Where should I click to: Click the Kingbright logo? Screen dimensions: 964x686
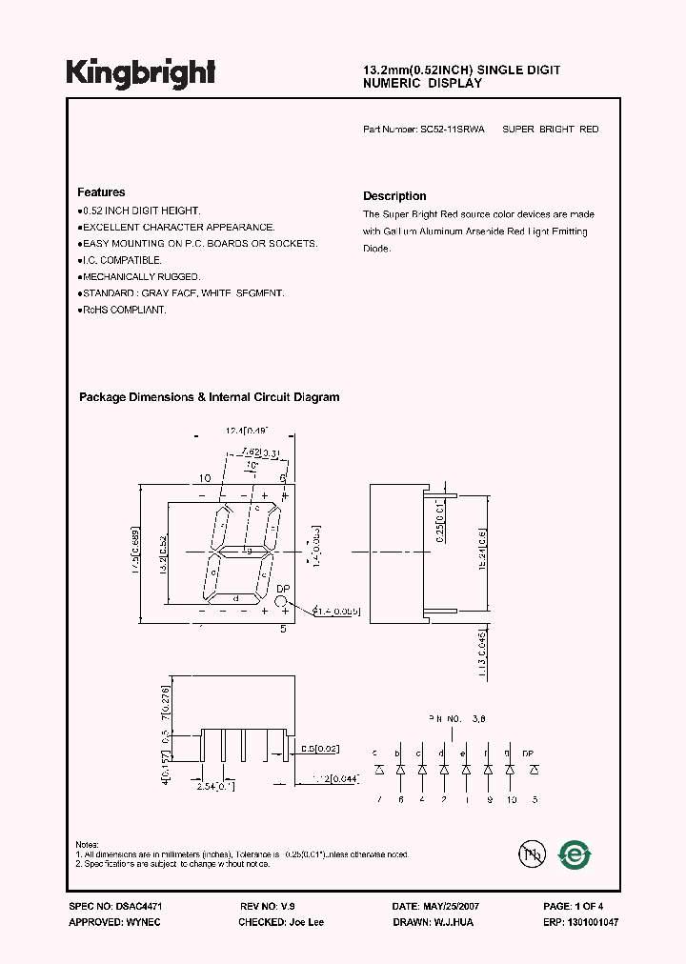click(x=140, y=72)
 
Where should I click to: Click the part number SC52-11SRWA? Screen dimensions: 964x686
click(x=453, y=129)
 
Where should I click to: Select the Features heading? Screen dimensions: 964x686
click(x=101, y=192)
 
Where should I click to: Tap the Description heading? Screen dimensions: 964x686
click(x=394, y=196)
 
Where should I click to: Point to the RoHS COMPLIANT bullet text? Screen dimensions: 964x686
click(x=124, y=310)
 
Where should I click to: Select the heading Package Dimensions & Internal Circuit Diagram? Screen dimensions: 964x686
click(x=209, y=397)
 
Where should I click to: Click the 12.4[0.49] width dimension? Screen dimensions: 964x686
click(x=247, y=432)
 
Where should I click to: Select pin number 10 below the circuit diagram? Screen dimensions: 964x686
click(x=512, y=799)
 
